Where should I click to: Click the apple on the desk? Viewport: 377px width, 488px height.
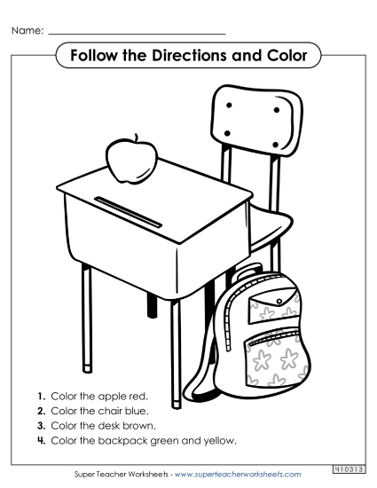click(x=131, y=161)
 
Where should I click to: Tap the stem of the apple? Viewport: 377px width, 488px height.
click(x=136, y=139)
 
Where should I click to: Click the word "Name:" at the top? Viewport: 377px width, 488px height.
click(x=27, y=31)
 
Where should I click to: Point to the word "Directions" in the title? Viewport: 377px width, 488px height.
click(x=194, y=56)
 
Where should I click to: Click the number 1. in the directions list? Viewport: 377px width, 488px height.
click(x=42, y=395)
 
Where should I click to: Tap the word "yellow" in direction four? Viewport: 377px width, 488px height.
click(x=219, y=441)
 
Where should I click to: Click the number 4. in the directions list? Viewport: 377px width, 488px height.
click(x=42, y=441)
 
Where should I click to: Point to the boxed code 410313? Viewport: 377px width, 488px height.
click(x=349, y=468)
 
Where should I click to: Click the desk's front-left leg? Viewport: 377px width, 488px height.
click(x=87, y=319)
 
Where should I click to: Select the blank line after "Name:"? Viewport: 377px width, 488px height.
click(x=137, y=34)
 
